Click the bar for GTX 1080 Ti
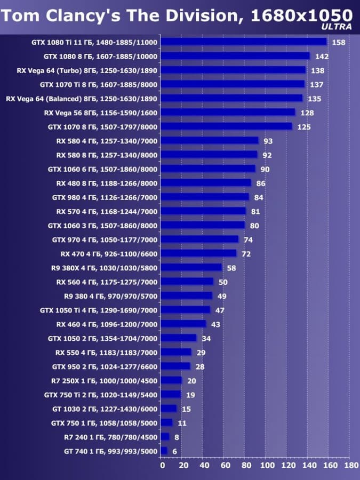243,42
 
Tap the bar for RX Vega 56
228,113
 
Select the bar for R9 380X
191,267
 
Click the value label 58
231,268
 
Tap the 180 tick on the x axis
351,465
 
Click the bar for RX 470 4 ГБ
198,253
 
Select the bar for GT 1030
169,409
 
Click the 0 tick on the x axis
163,465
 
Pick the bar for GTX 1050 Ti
185,310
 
